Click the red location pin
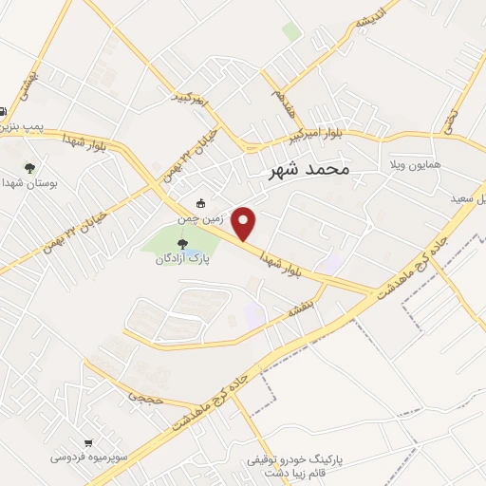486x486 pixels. [x=245, y=223]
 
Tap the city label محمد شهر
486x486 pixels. [x=305, y=169]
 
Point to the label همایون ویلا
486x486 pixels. [x=406, y=164]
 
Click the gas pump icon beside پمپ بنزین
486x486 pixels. [x=3, y=110]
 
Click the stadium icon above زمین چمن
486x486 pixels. [x=200, y=203]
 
